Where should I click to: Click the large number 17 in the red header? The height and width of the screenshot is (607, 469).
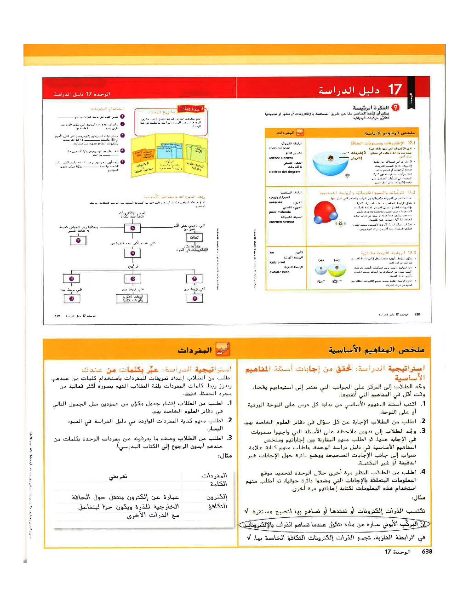[395, 89]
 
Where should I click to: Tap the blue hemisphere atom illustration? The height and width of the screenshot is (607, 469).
[330, 162]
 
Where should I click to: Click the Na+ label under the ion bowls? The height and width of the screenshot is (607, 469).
[321, 281]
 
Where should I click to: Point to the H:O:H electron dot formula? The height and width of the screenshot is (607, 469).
[340, 223]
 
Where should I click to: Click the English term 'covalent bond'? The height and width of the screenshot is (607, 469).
[279, 197]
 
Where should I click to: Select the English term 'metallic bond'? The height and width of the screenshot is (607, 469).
[279, 272]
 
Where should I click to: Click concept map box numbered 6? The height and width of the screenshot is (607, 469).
[132, 228]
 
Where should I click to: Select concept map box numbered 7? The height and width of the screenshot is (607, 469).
[78, 240]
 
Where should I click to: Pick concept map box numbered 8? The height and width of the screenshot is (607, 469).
[132, 253]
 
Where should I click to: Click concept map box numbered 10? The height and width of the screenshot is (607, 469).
[132, 279]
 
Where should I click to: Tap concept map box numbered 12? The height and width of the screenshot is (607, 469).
[194, 298]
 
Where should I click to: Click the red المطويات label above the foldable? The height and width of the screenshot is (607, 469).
[191, 109]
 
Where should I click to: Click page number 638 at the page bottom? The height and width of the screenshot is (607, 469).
[427, 551]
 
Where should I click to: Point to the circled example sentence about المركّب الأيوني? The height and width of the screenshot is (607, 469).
[334, 524]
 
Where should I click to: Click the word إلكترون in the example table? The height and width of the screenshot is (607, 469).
[217, 497]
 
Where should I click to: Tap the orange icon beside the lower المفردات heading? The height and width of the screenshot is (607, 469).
[223, 349]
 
